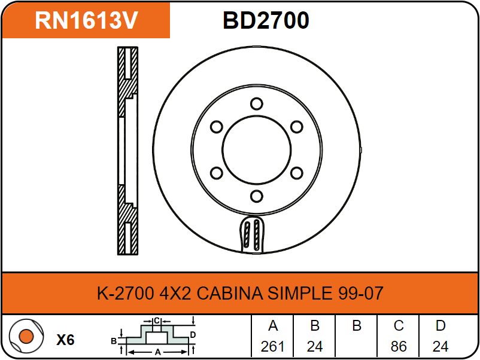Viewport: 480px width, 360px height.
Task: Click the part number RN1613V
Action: [x=87, y=20]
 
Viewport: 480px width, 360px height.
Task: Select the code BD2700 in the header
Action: [x=266, y=20]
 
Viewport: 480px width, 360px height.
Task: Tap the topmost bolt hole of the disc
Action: [x=257, y=103]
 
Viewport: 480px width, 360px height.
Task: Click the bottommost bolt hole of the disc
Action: [x=257, y=196]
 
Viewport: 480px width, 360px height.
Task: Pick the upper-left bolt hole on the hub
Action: [x=217, y=127]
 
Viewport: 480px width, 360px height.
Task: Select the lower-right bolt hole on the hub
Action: [x=296, y=173]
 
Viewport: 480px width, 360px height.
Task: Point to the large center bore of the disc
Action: [x=257, y=150]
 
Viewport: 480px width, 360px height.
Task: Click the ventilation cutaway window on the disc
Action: [x=252, y=234]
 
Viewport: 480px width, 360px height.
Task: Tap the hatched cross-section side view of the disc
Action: [x=127, y=151]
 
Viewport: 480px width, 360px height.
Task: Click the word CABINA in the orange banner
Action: [x=230, y=293]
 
